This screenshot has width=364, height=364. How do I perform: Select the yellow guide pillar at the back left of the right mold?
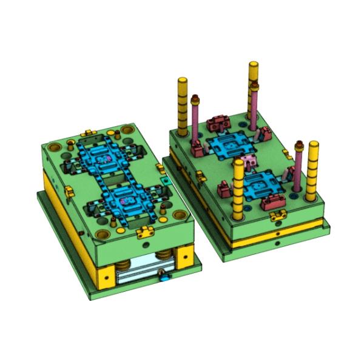point(182,106)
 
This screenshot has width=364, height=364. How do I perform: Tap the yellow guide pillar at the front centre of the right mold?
point(238,188)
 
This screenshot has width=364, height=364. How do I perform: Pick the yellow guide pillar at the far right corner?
point(312,170)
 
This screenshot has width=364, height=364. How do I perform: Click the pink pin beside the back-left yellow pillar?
point(195,118)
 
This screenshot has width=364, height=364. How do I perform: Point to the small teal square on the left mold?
point(164,180)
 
